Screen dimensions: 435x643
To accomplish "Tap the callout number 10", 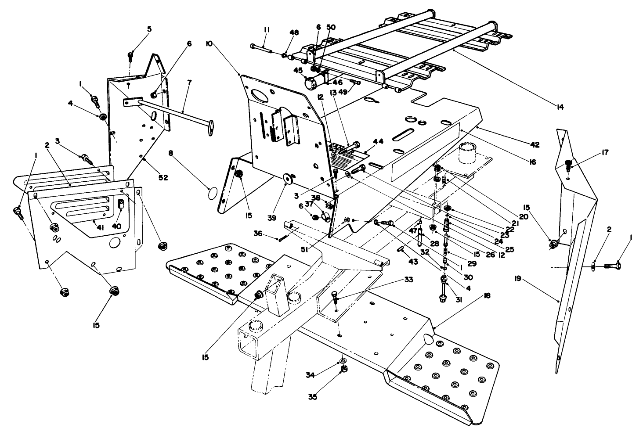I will tap(209, 44).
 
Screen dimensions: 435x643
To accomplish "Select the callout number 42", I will tap(535, 144).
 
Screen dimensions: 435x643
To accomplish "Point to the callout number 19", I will tap(518, 278).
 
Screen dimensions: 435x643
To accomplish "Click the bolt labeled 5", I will tap(130, 56).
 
